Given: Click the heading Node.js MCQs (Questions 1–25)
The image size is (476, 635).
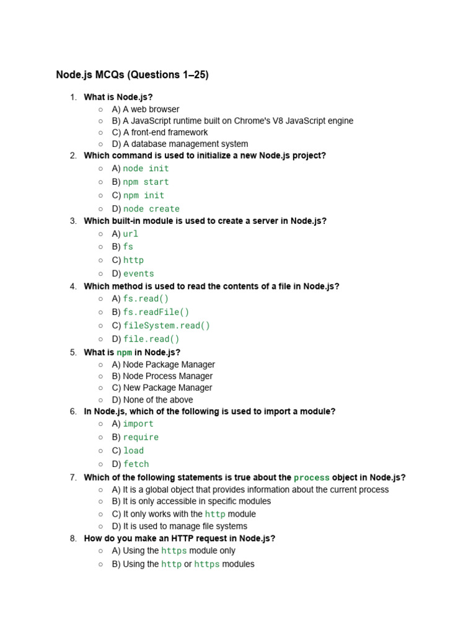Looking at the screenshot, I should point(132,75).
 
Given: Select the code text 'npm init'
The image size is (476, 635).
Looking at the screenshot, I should point(144,195).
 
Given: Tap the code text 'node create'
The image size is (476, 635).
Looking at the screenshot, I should point(151,209).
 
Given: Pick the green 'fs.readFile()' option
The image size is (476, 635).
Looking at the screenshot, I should point(156,312).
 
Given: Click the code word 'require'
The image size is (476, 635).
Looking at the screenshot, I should point(141,437).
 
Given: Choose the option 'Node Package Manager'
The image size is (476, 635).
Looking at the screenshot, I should point(169,365).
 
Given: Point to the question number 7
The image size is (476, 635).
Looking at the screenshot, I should point(73,477).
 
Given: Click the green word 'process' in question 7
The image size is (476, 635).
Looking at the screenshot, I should point(311,477).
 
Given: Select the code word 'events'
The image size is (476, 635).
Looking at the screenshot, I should point(138,273).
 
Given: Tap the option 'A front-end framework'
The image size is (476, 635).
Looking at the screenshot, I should point(165,132).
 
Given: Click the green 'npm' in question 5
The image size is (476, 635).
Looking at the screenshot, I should point(124,353).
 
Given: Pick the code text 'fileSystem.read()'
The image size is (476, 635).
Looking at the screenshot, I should point(167,326).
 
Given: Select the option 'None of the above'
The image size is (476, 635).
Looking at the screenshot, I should point(157,400).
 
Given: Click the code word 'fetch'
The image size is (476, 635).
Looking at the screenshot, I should point(136,464).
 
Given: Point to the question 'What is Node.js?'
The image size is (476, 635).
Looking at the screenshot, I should point(118,97).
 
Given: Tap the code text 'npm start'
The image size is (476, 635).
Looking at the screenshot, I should point(146,182).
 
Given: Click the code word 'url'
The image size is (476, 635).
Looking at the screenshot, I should point(130,234).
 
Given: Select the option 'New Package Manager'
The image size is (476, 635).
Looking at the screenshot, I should point(167,388).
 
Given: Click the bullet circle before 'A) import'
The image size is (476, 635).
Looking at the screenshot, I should point(100,424).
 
